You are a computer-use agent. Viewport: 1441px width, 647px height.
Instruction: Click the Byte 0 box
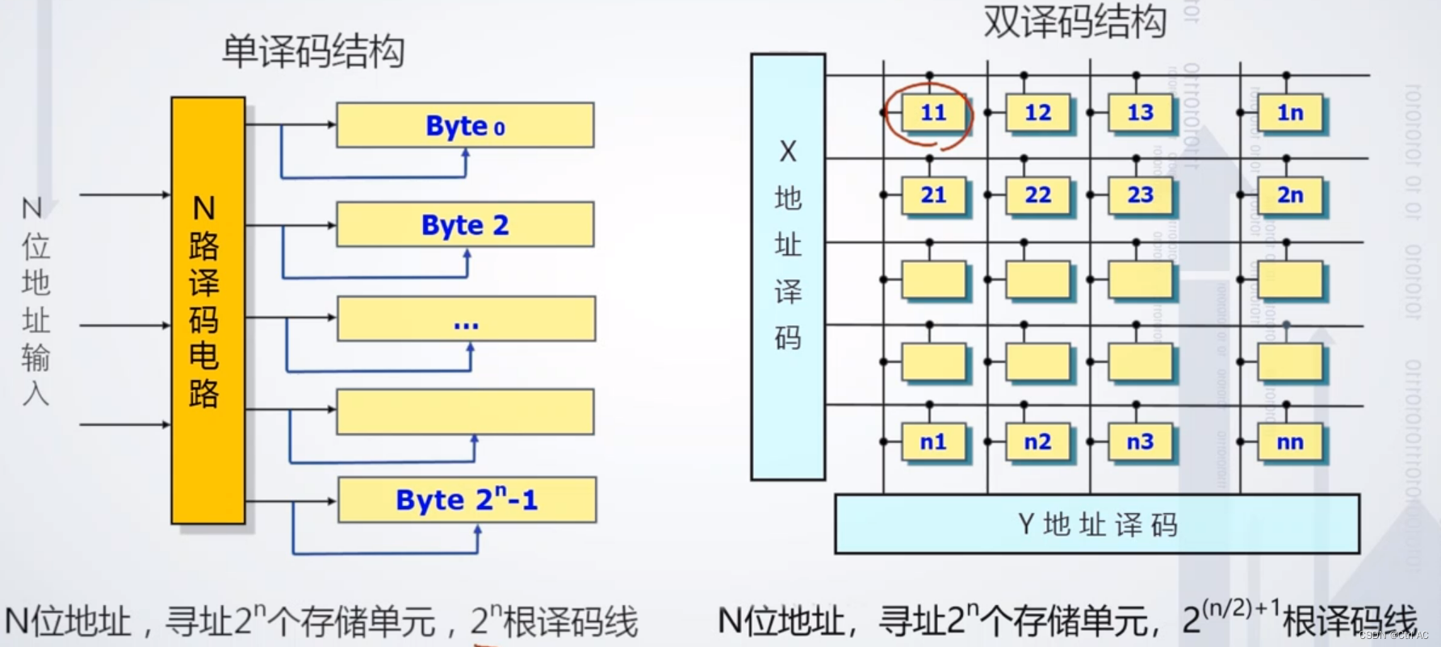click(x=465, y=125)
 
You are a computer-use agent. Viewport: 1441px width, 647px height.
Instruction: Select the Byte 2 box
click(x=465, y=224)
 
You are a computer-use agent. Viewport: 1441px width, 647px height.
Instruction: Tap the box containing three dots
click(x=466, y=319)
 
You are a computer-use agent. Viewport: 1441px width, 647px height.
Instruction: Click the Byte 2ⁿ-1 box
click(x=467, y=500)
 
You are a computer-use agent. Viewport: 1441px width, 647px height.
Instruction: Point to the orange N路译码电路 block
click(x=207, y=311)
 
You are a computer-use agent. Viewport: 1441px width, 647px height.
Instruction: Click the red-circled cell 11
click(x=932, y=113)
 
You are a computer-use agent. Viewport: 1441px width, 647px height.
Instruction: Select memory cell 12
click(x=1037, y=113)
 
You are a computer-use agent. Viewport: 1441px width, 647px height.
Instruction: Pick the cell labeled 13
click(x=1140, y=113)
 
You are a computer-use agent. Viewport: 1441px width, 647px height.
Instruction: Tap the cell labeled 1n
click(x=1290, y=113)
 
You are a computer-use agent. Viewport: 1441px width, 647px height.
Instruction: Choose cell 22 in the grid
click(x=1037, y=195)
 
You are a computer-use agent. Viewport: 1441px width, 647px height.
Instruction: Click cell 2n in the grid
click(x=1290, y=195)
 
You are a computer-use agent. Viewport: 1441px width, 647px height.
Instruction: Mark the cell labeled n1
click(x=932, y=442)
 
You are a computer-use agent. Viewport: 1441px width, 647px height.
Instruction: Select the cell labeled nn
click(x=1290, y=442)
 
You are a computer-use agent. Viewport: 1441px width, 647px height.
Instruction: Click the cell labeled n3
click(x=1140, y=442)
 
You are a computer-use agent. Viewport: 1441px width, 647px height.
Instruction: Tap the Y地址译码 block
click(x=1096, y=524)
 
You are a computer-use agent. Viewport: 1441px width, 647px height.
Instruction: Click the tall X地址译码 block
click(x=787, y=266)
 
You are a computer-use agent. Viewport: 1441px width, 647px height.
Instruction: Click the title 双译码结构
click(x=1074, y=21)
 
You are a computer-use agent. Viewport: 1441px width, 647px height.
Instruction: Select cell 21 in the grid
click(x=932, y=195)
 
